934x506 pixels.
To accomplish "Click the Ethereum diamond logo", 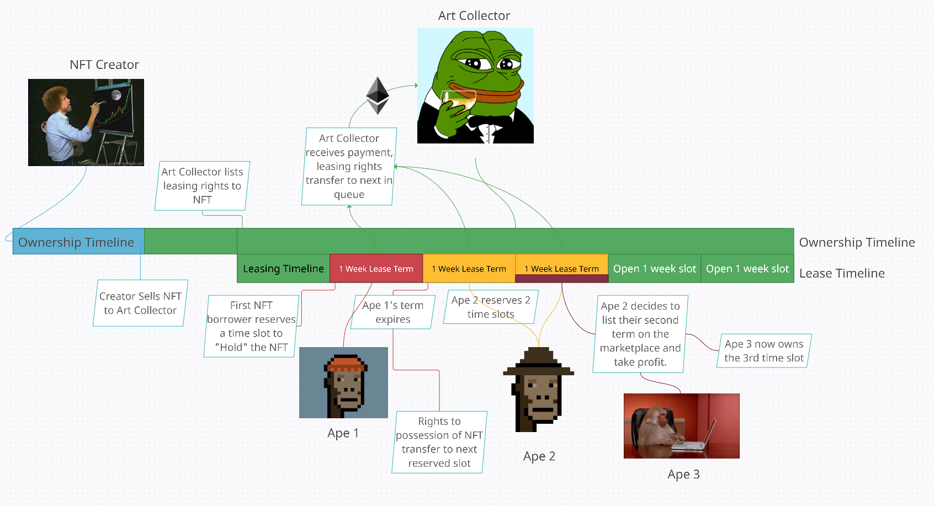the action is click(378, 95).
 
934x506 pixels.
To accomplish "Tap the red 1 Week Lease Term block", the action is click(376, 268).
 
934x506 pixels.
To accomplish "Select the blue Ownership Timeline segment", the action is click(78, 241).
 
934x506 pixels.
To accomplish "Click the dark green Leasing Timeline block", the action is click(284, 268).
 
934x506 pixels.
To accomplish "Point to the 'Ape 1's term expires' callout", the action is click(393, 312).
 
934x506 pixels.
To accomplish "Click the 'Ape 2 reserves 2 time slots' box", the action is click(491, 307).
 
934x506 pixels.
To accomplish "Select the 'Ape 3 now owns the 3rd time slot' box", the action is click(764, 351).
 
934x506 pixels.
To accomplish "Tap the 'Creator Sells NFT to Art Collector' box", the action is click(141, 303).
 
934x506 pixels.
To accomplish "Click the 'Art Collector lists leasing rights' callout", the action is click(202, 185).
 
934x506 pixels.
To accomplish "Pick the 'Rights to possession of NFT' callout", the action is click(439, 442).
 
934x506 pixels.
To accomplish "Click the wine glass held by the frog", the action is click(459, 102).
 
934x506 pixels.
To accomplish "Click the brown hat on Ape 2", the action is click(538, 361).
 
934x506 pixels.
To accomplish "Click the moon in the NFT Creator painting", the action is click(116, 96).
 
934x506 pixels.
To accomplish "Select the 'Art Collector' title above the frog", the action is click(474, 16).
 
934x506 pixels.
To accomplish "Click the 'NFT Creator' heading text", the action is click(104, 65).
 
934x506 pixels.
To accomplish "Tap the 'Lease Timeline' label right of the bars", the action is click(842, 274).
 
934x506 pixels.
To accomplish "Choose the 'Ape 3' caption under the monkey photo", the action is click(683, 475).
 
